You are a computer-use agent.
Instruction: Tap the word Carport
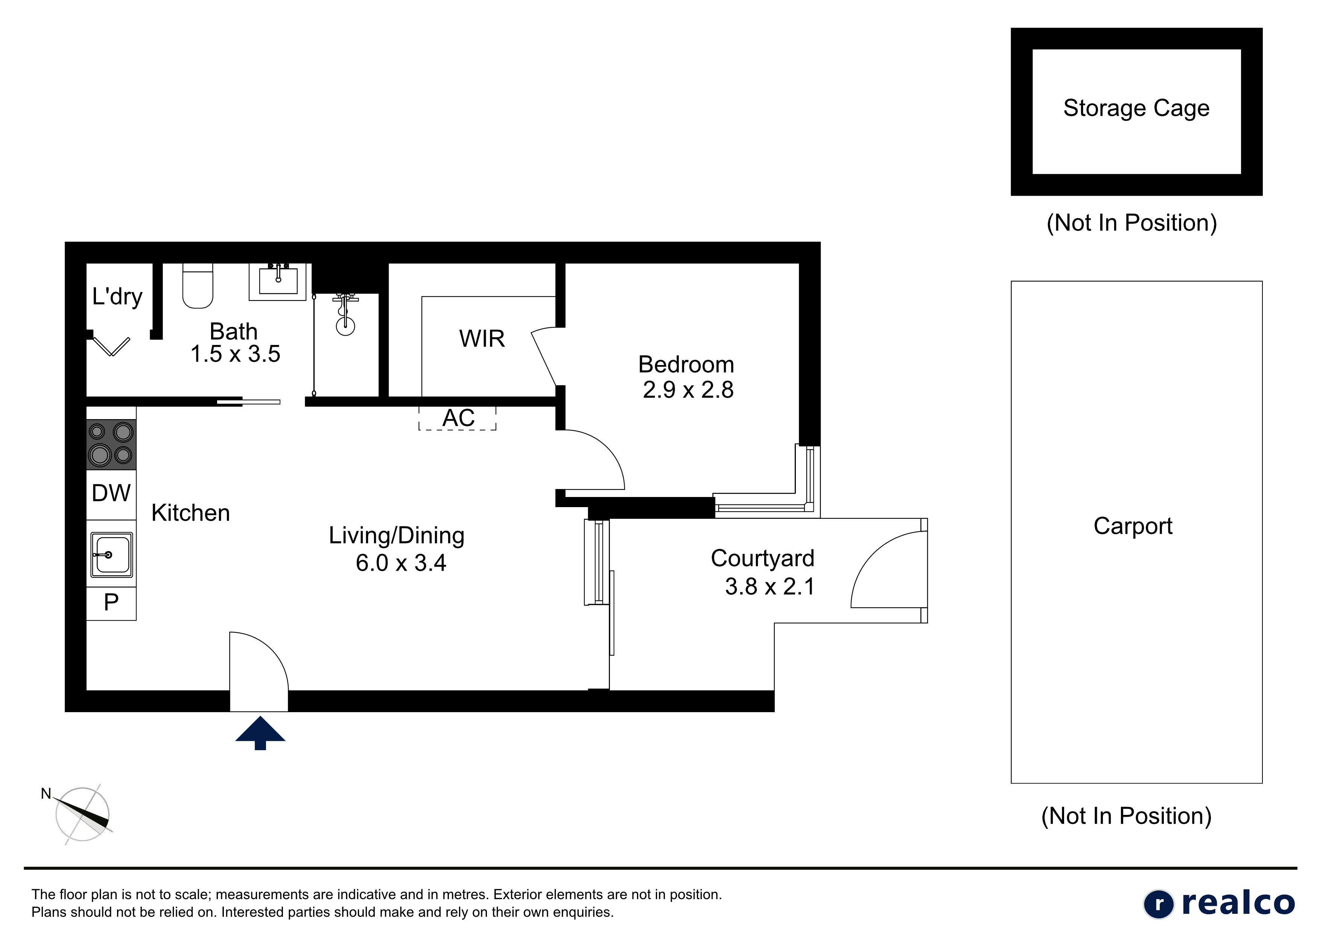[x=1133, y=526]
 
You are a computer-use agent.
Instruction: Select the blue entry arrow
[x=260, y=733]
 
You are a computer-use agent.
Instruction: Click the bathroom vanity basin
[x=278, y=282]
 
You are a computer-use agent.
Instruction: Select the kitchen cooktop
[x=111, y=444]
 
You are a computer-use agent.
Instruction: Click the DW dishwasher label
[x=111, y=493]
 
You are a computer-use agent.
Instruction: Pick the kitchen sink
[x=111, y=555]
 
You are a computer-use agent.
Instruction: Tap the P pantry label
[x=111, y=602]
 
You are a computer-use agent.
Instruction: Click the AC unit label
[x=458, y=418]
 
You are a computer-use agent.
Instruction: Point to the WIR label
[x=482, y=339]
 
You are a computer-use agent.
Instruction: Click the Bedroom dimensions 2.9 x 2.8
[x=688, y=390]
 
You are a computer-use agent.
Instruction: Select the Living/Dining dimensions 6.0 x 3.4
[x=401, y=563]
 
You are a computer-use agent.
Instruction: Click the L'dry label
[x=117, y=296]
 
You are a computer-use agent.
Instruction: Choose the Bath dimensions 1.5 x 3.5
[x=235, y=354]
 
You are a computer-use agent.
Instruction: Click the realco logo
[x=1219, y=903]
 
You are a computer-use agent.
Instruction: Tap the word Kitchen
[x=190, y=513]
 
